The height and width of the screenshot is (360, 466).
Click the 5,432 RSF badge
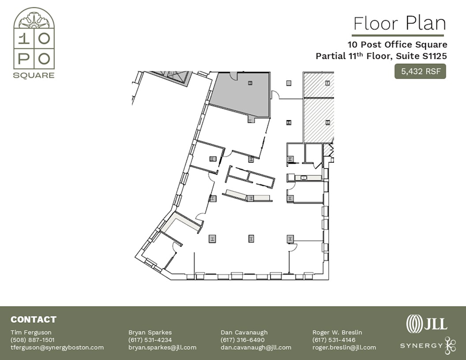point(420,71)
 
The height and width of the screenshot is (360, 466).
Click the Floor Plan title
point(399,23)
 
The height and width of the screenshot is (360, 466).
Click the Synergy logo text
point(421,345)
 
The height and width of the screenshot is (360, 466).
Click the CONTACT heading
point(33,320)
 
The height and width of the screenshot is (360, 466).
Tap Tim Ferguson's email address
point(57,348)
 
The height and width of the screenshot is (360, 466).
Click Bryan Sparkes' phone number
point(150,340)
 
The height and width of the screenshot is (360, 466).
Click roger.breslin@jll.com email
point(344,348)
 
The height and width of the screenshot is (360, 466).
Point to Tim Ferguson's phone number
point(33,340)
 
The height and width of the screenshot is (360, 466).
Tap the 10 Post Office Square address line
point(397,45)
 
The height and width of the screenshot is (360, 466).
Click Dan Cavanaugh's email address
point(256,348)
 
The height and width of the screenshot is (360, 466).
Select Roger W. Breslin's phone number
point(334,340)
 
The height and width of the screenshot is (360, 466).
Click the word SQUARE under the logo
point(34,75)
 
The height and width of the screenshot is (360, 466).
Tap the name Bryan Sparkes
point(150,332)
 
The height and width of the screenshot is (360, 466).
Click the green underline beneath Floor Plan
point(398,35)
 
